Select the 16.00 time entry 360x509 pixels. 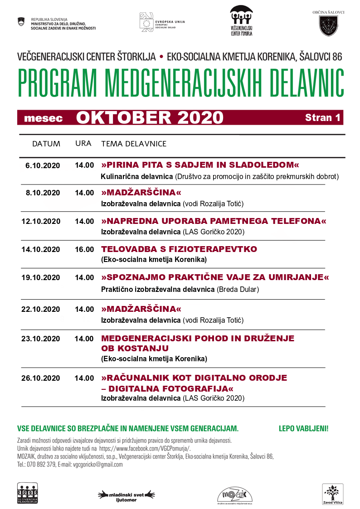click(x=84, y=249)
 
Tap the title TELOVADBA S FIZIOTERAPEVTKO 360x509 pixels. click(x=179, y=249)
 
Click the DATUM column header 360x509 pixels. click(x=46, y=144)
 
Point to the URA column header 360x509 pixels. click(x=83, y=144)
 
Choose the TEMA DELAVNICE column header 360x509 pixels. click(x=134, y=144)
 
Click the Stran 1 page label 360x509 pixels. click(x=323, y=117)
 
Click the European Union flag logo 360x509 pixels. click(x=146, y=22)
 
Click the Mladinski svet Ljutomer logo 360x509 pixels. click(x=127, y=495)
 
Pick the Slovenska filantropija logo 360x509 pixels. click(x=27, y=493)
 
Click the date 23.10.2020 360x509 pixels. click(x=41, y=339)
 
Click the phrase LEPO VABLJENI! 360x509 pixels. click(x=303, y=428)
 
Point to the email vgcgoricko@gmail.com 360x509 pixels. click(x=98, y=465)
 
